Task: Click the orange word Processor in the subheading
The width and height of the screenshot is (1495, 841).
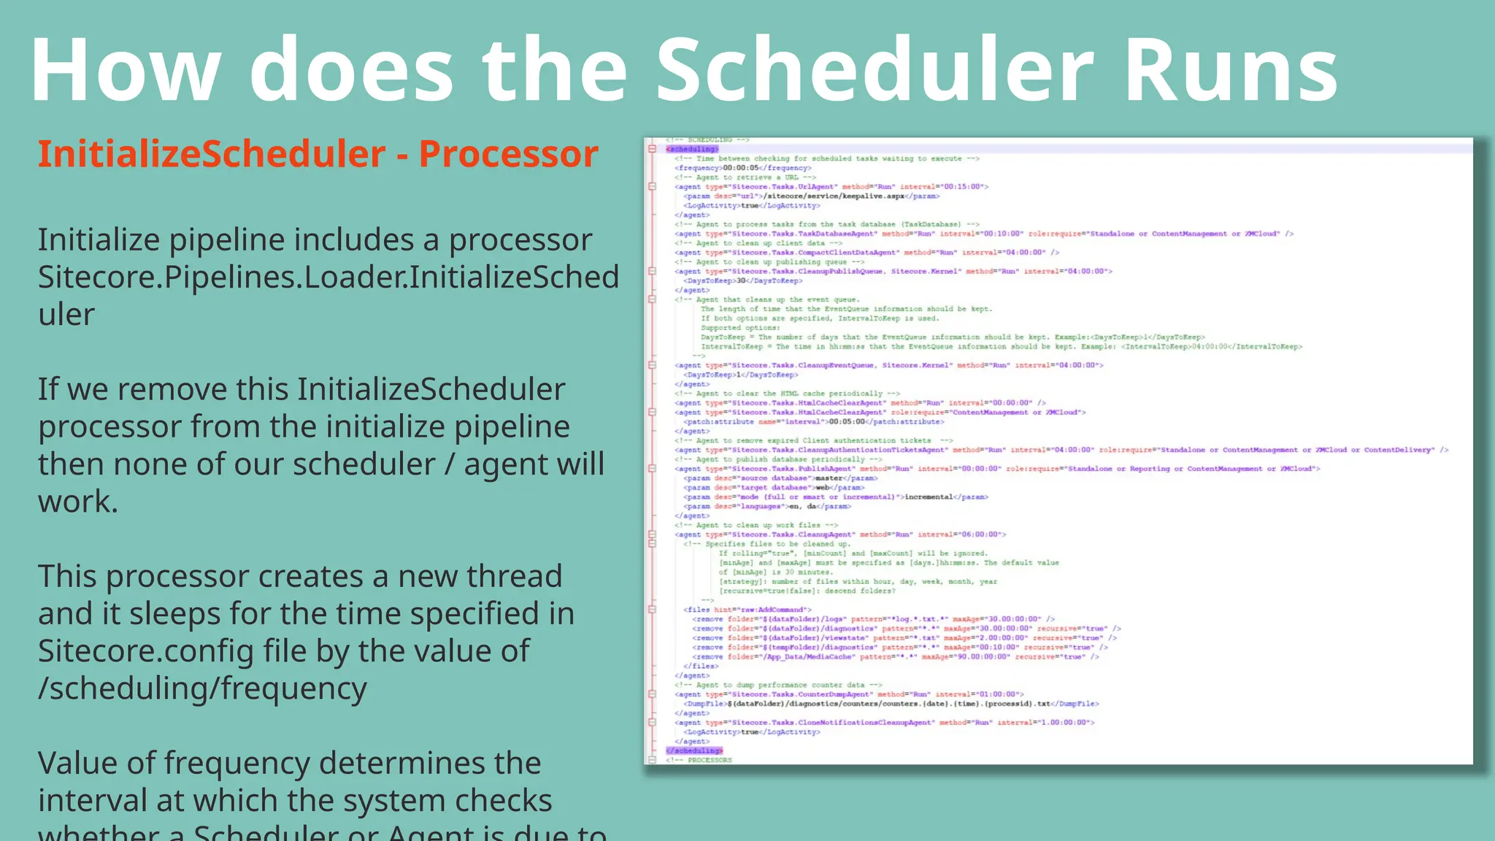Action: pyautogui.click(x=509, y=154)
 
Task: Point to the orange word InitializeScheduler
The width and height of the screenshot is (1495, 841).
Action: pyautogui.click(x=212, y=154)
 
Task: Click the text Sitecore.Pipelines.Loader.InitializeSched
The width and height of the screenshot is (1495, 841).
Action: pyautogui.click(x=328, y=277)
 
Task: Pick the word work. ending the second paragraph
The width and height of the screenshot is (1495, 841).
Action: pyautogui.click(x=78, y=502)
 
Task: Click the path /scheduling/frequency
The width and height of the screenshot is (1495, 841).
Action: pyautogui.click(x=202, y=688)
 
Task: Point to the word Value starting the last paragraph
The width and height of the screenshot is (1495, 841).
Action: pyautogui.click(x=77, y=764)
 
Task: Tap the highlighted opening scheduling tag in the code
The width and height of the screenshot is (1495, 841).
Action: pyautogui.click(x=692, y=149)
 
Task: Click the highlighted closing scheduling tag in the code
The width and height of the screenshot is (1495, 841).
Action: pyautogui.click(x=694, y=750)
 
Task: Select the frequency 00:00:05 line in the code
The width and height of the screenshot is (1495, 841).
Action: pyautogui.click(x=742, y=168)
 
